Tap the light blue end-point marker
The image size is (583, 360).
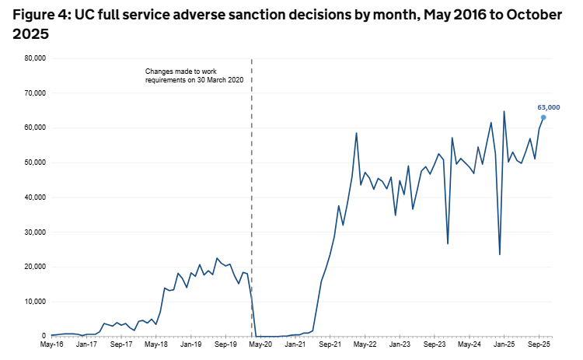(x=543, y=117)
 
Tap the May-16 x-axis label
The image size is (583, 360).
(x=51, y=344)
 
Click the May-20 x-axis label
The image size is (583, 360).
(x=260, y=344)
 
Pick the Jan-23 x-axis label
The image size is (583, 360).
(x=400, y=344)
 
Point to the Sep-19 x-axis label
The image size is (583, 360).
(x=225, y=344)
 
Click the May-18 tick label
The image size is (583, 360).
(x=156, y=344)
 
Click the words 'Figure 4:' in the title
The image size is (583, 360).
(x=41, y=15)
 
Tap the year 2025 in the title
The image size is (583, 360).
(x=30, y=34)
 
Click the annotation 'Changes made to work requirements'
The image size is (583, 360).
(x=199, y=75)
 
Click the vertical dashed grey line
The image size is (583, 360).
(x=252, y=194)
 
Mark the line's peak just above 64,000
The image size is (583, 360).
(x=504, y=111)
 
